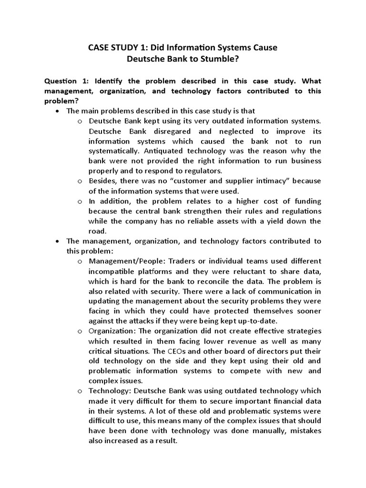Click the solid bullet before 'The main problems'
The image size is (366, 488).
click(x=58, y=111)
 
